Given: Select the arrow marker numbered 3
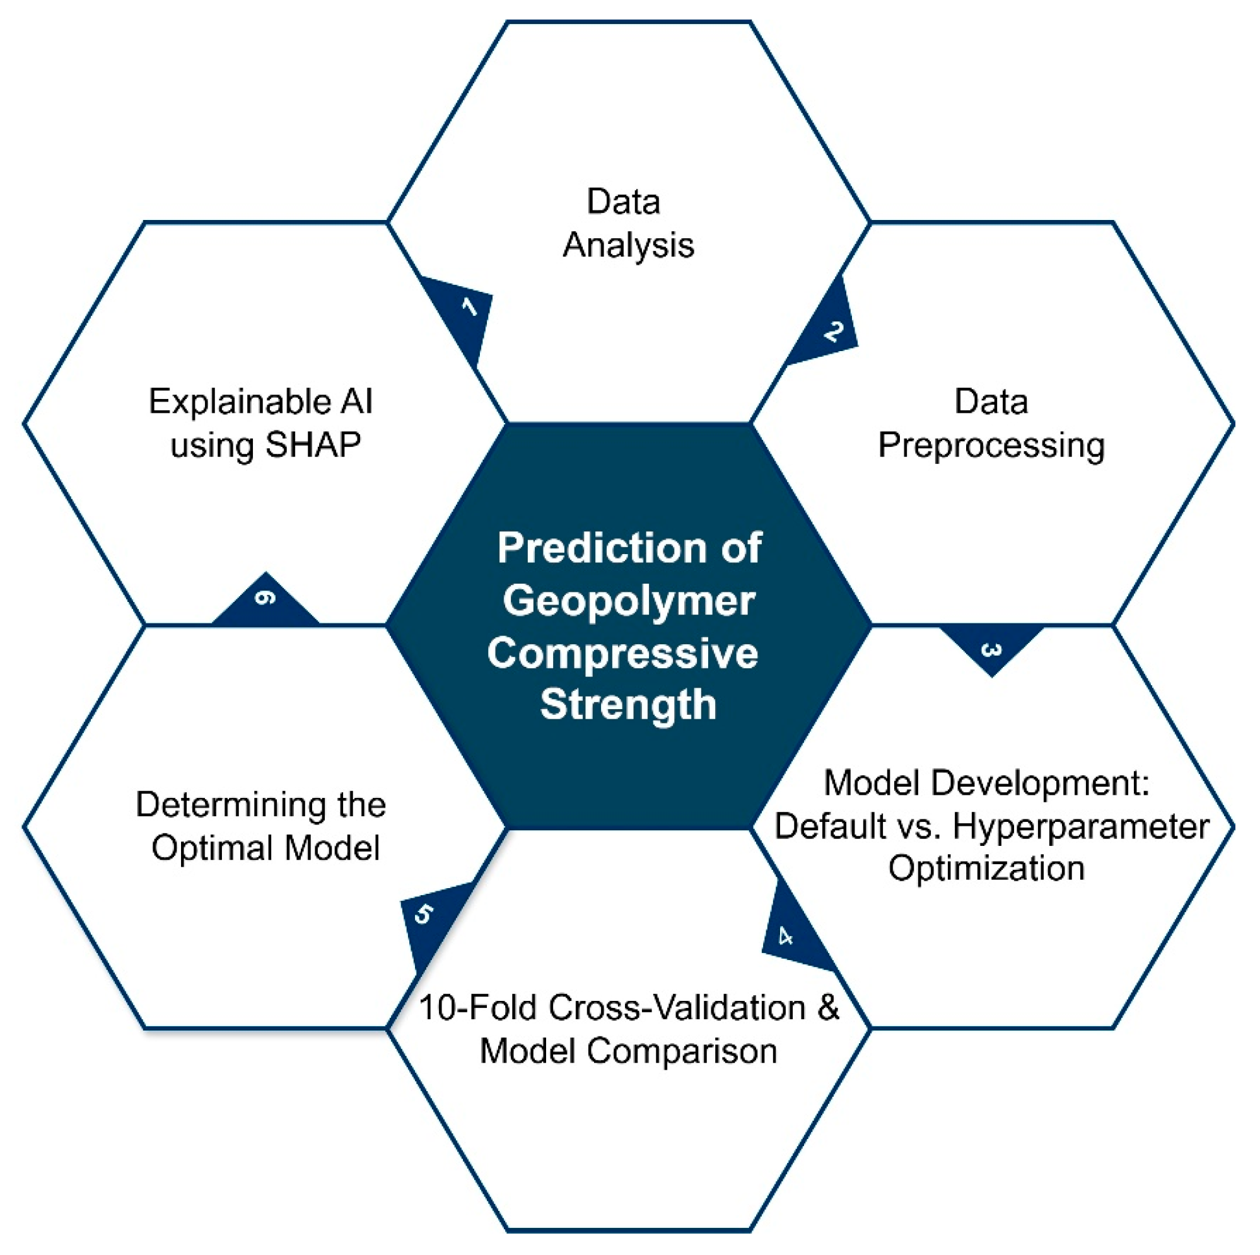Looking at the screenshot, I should pyautogui.click(x=991, y=648).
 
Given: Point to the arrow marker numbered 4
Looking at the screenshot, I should pyautogui.click(x=791, y=934).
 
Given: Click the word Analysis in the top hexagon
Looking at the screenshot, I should pyautogui.click(x=628, y=246).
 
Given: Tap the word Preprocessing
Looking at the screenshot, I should pyautogui.click(x=991, y=446).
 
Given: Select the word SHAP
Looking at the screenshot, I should pyautogui.click(x=313, y=445).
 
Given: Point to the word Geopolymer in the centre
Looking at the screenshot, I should pyautogui.click(x=629, y=601).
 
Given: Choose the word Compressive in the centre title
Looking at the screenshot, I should pyautogui.click(x=623, y=654).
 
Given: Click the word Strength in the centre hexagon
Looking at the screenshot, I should pyautogui.click(x=628, y=705).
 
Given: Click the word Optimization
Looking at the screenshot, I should pyautogui.click(x=986, y=869).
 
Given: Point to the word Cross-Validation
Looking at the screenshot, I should pyautogui.click(x=677, y=1007).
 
